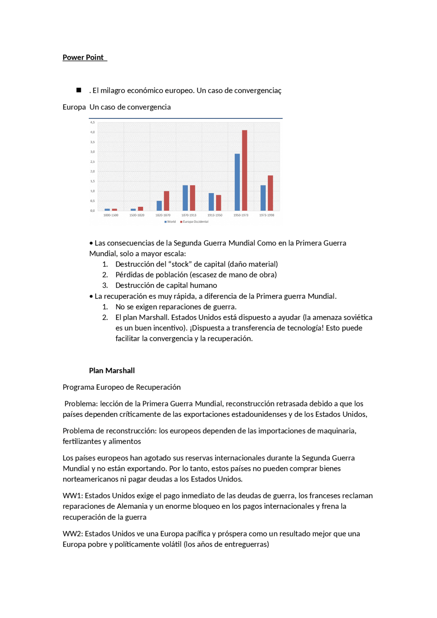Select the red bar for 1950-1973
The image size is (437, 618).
(244, 171)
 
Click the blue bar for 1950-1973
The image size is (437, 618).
(237, 182)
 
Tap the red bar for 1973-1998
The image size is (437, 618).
(270, 193)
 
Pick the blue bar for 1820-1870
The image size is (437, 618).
(159, 206)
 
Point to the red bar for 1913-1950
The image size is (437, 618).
(218, 203)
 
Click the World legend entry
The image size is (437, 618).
(170, 222)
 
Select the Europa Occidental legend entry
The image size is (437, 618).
(195, 222)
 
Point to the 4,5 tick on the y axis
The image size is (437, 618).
(93, 122)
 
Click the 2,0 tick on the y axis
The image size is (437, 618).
(93, 171)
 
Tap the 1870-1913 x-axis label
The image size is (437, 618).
(189, 215)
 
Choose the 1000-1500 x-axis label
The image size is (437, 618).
(111, 215)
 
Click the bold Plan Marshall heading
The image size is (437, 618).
(112, 371)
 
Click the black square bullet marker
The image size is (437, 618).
(79, 90)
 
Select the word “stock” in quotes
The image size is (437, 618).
(180, 264)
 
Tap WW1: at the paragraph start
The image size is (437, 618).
(73, 495)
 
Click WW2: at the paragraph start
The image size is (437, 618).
(73, 534)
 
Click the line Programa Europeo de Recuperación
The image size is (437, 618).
(122, 387)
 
